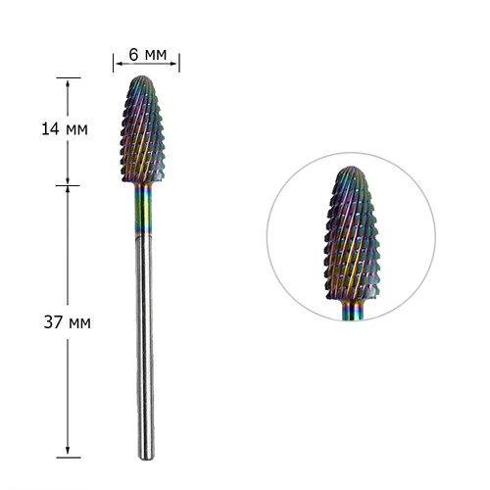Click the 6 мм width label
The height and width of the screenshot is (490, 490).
tap(148, 54)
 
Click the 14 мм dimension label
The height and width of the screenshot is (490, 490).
tap(65, 129)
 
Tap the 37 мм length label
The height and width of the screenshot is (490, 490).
tap(68, 322)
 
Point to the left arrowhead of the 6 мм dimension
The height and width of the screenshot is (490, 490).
tap(119, 64)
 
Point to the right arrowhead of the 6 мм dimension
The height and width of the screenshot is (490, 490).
tap(173, 64)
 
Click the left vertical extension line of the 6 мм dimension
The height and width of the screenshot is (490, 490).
tap(114, 63)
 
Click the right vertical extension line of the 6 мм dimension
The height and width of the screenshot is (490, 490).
tap(179, 63)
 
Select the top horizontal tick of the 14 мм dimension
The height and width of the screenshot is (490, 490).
tap(69, 77)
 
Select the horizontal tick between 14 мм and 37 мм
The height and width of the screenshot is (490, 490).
tap(68, 185)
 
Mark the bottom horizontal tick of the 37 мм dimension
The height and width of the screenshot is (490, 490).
tap(69, 458)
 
